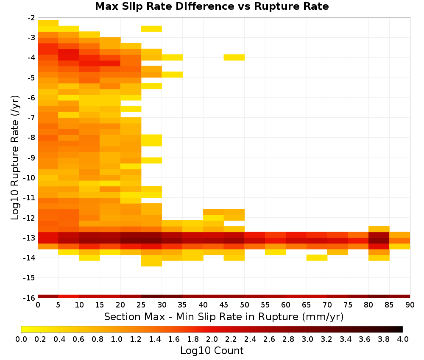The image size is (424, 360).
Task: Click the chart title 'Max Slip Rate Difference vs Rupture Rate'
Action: (x=212, y=6)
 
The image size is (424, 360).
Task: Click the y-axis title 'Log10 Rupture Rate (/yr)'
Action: (x=15, y=158)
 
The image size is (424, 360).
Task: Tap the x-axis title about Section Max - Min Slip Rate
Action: (x=224, y=316)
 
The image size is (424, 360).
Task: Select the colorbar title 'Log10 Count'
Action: (x=212, y=351)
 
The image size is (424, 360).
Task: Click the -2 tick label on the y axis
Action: (x=31, y=18)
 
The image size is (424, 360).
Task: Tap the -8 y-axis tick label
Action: (x=31, y=138)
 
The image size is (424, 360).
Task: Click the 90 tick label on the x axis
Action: (x=410, y=305)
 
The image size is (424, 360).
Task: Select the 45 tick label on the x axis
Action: (x=224, y=305)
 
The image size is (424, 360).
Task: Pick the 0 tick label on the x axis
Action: (x=38, y=305)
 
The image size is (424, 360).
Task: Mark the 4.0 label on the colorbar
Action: (x=403, y=339)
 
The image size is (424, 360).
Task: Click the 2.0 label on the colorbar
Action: (x=212, y=339)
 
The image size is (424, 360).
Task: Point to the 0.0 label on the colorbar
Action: (x=21, y=339)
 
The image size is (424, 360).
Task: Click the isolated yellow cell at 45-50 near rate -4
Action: (x=234, y=58)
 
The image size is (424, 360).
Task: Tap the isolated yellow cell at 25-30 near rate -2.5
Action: (x=151, y=29)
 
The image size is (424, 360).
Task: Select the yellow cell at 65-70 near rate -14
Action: (x=317, y=258)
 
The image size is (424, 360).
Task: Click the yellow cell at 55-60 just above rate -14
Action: (x=276, y=252)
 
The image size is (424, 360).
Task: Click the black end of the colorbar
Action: (x=401, y=330)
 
